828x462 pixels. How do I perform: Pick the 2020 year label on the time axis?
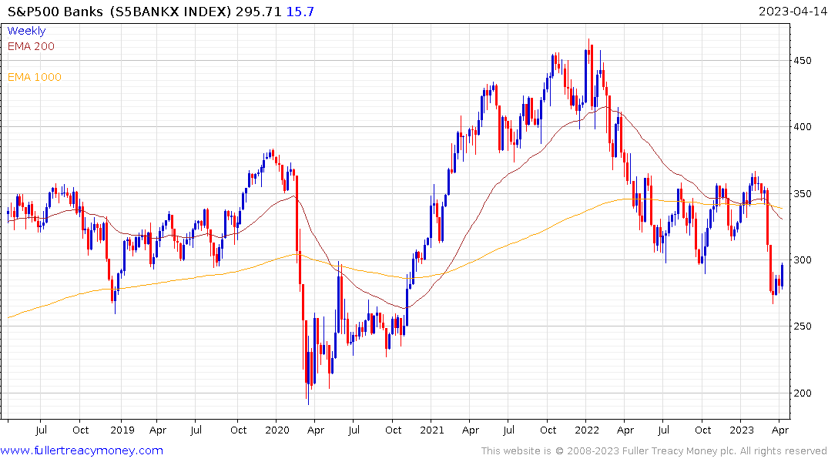277,430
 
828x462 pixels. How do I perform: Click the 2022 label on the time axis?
586,430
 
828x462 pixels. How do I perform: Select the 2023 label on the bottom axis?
743,430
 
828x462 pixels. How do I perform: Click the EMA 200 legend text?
31,46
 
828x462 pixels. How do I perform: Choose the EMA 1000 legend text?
35,77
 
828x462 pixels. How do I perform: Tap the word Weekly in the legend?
26,31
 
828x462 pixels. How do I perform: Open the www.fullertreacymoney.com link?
82,450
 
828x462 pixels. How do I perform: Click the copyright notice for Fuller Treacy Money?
654,451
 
